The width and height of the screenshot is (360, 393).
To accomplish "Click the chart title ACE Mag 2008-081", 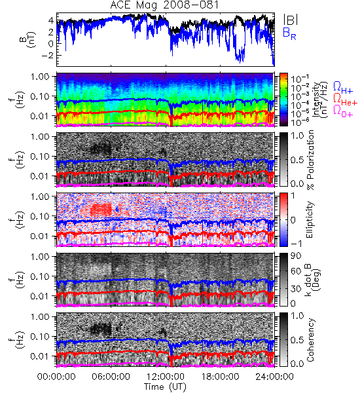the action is pos(164,5).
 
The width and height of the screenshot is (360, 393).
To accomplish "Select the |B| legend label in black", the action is pos(291,20).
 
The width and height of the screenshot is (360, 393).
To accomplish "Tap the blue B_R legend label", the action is pos(289,33).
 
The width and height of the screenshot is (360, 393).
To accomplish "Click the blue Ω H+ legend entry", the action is pos(343,88).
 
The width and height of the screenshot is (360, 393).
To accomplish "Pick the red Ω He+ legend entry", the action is pos(345,99).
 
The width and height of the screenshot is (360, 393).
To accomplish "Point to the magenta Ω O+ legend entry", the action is pos(343,111).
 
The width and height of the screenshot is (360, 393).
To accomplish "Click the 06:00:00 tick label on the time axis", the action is pos(111,377).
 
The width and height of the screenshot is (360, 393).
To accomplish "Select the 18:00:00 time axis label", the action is pos(220,377).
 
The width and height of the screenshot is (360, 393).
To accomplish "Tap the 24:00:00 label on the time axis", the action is pos(274,377).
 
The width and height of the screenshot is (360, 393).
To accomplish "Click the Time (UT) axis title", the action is pos(165,387).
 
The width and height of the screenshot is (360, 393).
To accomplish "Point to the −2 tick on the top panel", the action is pos(47,55).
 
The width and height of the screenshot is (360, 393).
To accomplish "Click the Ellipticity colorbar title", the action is pos(310,219).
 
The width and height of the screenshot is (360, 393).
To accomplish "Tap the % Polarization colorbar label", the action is pos(310,159).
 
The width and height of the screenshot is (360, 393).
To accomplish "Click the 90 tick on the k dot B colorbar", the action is pos(296,255).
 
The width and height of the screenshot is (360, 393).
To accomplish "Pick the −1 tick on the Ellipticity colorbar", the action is pos(296,243).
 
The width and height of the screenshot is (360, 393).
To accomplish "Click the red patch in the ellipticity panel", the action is pos(101,210).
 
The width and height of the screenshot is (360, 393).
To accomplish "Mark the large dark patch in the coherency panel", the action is pos(101,329).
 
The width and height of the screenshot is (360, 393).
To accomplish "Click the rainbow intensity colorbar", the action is pos(283,100).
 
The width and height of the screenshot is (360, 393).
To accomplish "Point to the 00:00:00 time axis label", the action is pos(56,377).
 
